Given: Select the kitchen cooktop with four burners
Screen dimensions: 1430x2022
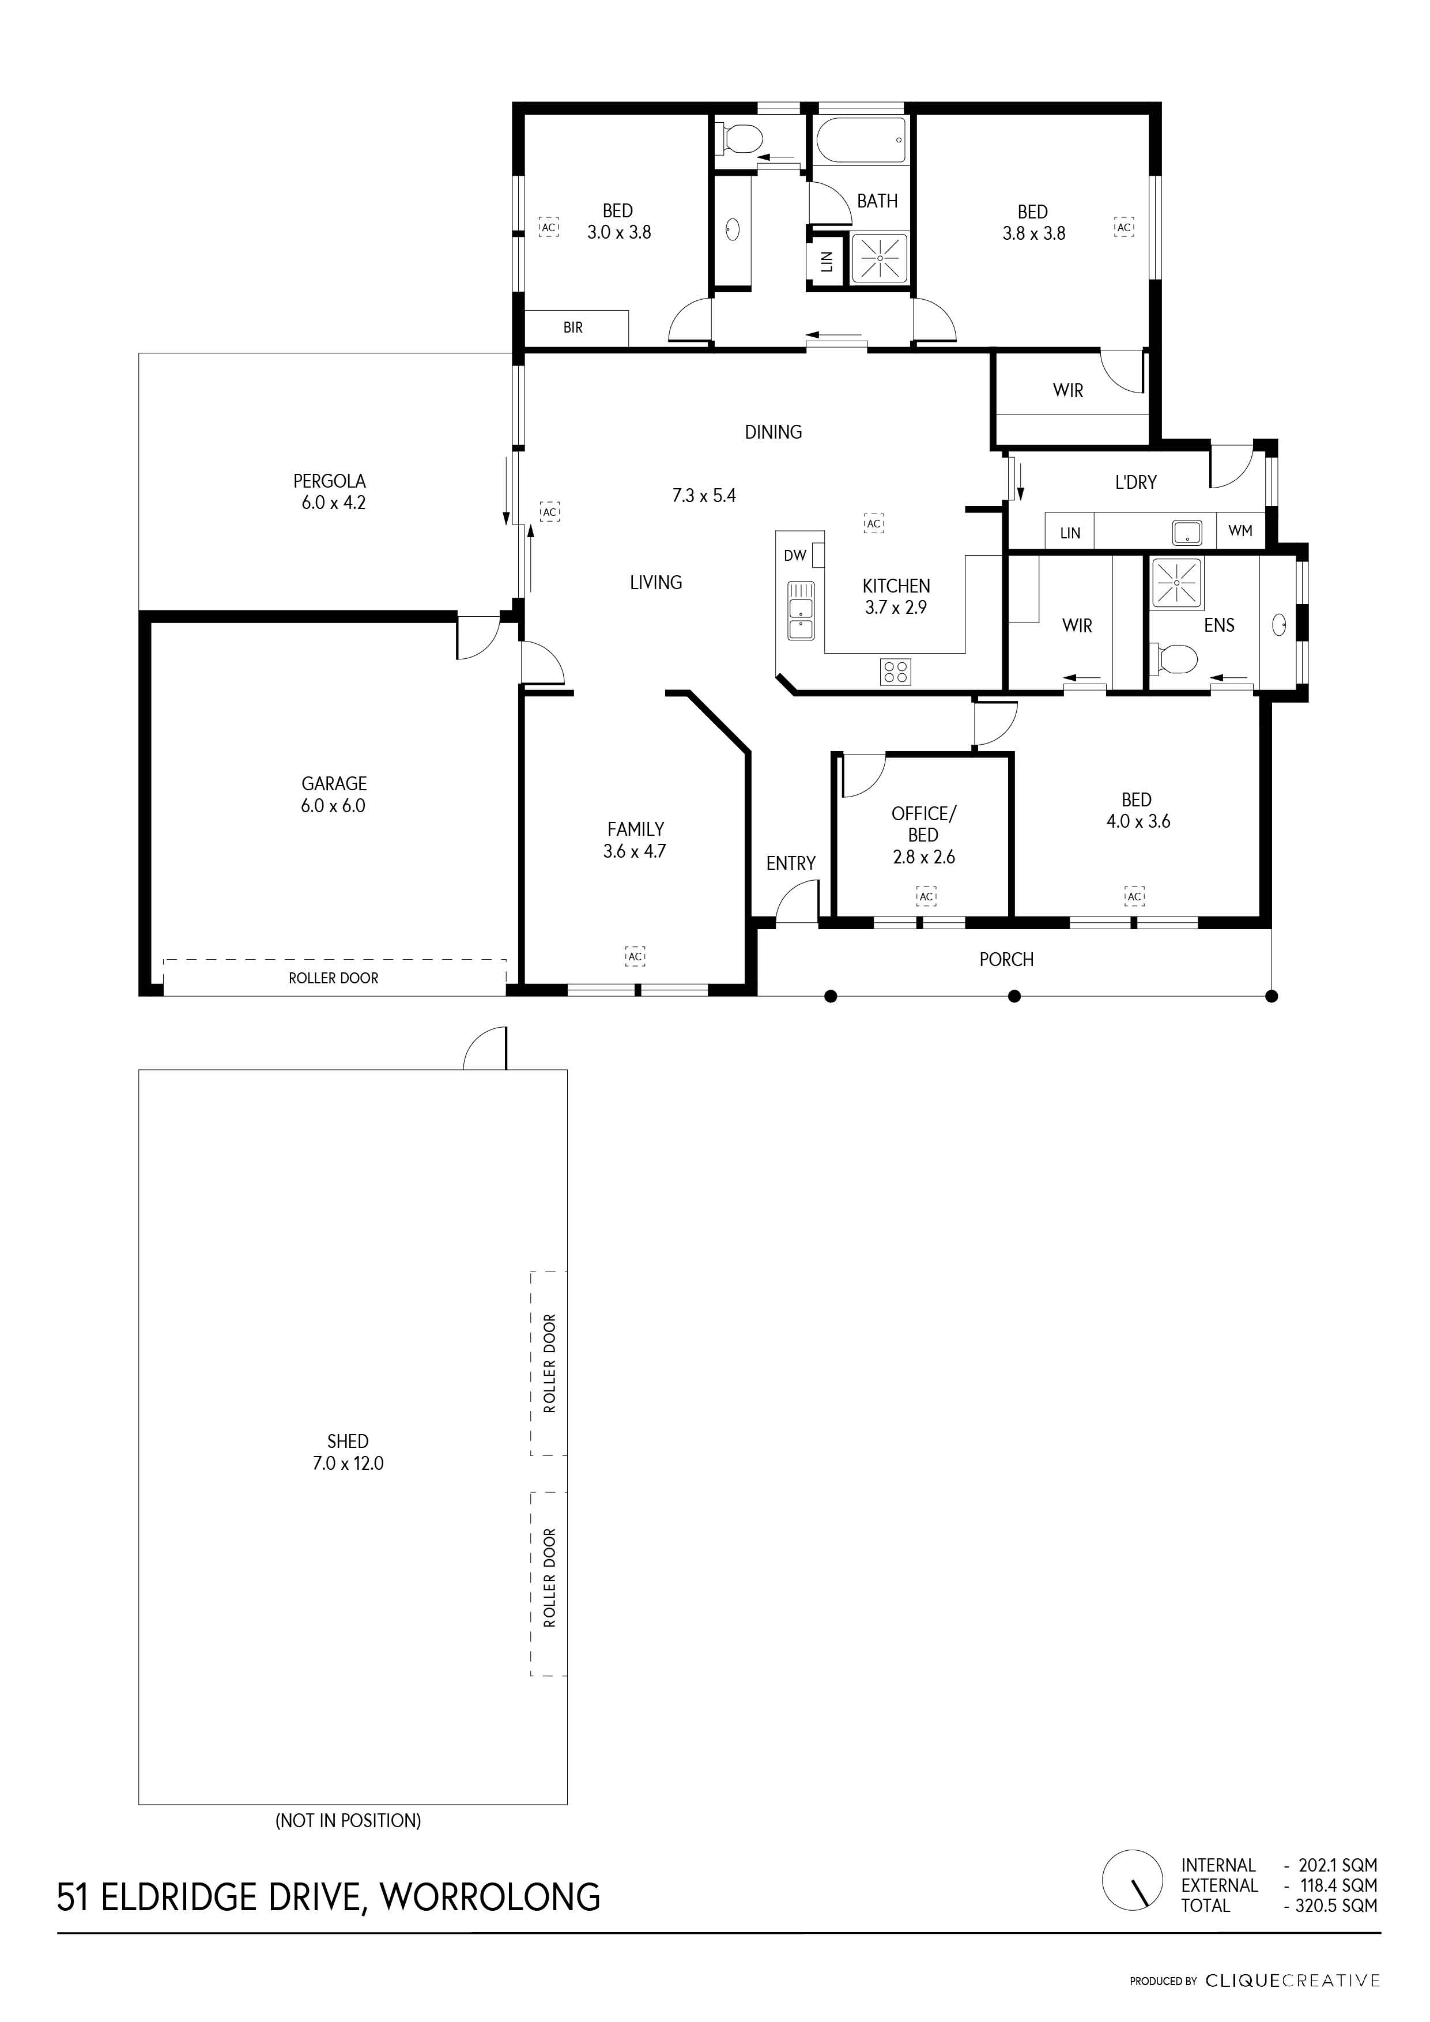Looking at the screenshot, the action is pos(896,672).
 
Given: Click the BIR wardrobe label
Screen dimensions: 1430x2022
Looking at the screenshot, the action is pos(573,327).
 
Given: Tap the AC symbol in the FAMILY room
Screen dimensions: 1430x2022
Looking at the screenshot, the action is pos(635,956).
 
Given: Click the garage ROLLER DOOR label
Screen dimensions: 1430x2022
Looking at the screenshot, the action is pos(334,978).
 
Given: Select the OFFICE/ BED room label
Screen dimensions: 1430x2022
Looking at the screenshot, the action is pos(923,824).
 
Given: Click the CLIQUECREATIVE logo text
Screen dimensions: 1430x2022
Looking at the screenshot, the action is pos(1293,1982).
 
